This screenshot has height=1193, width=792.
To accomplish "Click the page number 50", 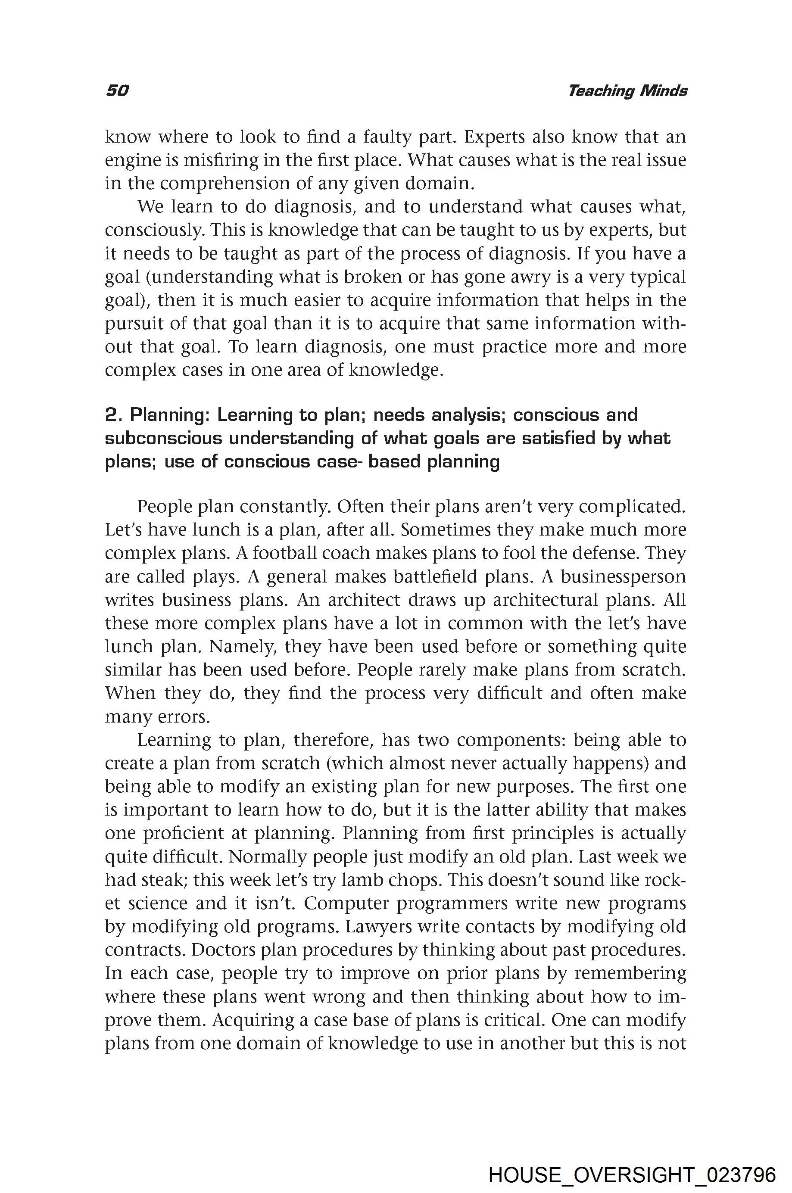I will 117,90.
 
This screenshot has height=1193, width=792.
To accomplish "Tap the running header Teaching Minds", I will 627,91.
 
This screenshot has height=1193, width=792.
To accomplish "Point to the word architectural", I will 543,600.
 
